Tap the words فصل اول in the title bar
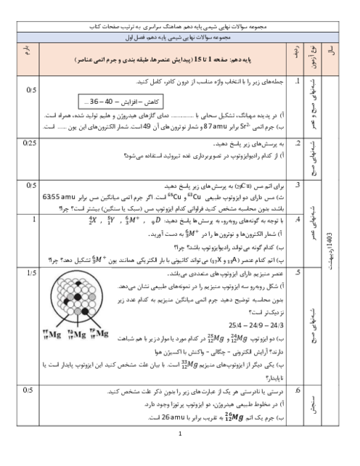click(136, 36)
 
